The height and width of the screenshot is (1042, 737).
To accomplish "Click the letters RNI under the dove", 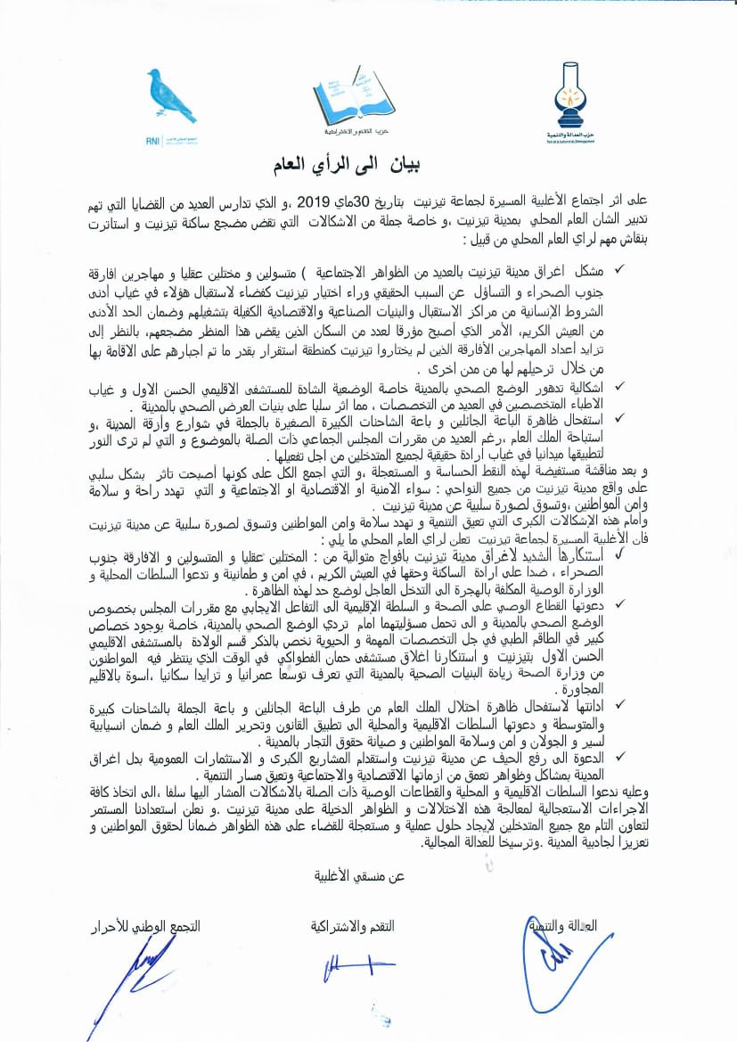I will (x=151, y=138).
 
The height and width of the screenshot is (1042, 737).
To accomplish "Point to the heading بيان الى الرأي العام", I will (x=369, y=167).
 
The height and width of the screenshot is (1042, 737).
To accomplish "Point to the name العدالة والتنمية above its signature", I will (x=577, y=927).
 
